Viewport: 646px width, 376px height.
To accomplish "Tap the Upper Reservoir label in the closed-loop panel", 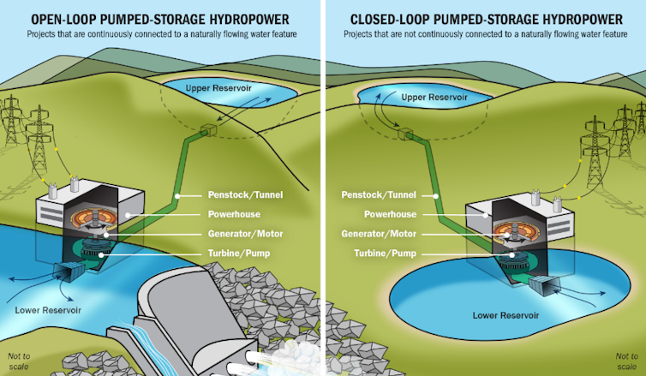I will click(x=435, y=98).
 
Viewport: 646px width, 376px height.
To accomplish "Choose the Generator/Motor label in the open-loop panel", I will click(x=244, y=233).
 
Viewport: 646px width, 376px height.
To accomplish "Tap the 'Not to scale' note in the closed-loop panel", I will click(x=627, y=361).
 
